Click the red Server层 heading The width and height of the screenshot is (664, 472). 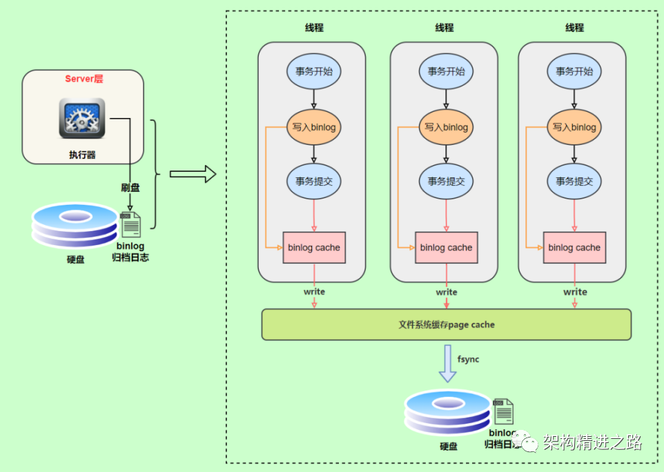[84, 79]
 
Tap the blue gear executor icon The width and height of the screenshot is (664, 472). [82, 118]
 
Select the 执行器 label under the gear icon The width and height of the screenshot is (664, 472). [82, 155]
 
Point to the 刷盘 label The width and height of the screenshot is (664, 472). [130, 188]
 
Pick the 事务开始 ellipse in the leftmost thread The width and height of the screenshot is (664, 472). [314, 70]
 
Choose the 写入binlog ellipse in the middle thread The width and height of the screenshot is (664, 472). [446, 127]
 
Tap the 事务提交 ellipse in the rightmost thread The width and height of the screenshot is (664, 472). [574, 181]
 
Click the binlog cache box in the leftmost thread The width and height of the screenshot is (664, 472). [314, 248]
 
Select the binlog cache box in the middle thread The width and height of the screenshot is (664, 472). [446, 248]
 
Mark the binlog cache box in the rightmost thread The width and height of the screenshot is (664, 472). [574, 248]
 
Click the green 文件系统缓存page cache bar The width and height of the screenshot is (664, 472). [446, 324]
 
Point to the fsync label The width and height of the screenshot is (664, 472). [468, 360]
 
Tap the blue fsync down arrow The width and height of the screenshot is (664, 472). [447, 363]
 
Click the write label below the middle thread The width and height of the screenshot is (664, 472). [447, 292]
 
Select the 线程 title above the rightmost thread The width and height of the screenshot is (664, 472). [574, 28]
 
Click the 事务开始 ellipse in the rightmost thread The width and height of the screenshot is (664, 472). [574, 70]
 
